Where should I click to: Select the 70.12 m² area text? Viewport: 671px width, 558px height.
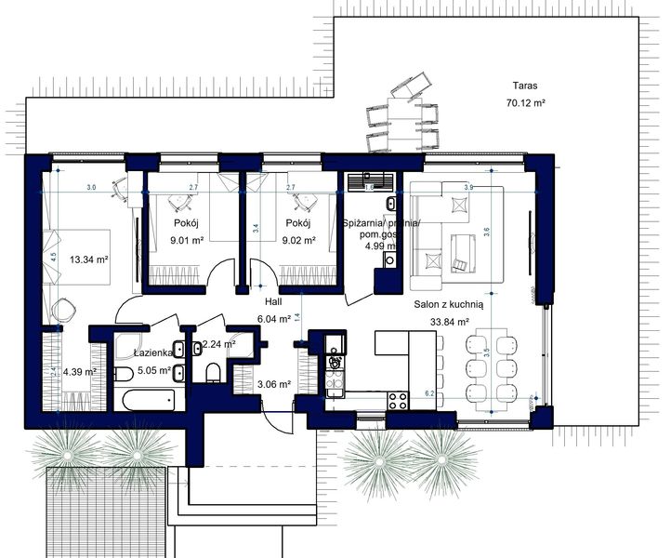(524, 102)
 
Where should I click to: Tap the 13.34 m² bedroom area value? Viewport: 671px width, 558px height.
(89, 260)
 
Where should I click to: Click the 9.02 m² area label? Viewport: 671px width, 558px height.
(298, 241)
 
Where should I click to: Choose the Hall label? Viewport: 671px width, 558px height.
(273, 301)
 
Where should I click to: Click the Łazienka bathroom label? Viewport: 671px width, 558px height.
(151, 353)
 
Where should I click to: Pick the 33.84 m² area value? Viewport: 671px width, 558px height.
(448, 322)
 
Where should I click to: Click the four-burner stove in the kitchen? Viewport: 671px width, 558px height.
(399, 401)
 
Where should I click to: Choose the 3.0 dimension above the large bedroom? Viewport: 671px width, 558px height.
(91, 188)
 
